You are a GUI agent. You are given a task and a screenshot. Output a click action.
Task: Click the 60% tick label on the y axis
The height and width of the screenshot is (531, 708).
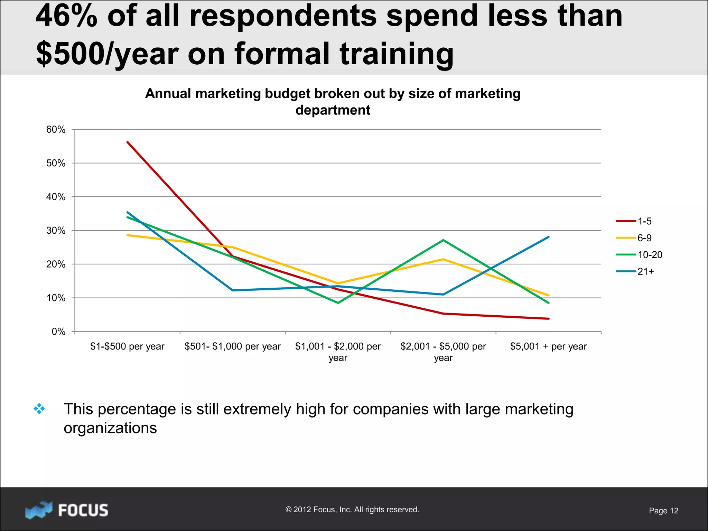click(x=56, y=130)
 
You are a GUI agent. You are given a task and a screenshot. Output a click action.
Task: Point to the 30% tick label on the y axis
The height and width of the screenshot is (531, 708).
click(x=56, y=231)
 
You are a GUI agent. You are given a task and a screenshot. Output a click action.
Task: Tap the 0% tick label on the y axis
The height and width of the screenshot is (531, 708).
click(x=58, y=332)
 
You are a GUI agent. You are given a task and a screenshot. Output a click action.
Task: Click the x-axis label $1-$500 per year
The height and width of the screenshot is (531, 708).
click(x=127, y=346)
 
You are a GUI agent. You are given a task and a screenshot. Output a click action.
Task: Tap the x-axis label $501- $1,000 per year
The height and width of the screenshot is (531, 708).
click(x=233, y=346)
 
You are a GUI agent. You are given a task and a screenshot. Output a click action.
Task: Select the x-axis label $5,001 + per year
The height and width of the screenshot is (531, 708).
click(x=548, y=346)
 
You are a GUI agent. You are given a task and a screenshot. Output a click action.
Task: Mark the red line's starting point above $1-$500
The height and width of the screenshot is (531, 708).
click(x=128, y=142)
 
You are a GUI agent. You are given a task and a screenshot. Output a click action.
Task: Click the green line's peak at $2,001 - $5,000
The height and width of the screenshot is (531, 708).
click(x=443, y=240)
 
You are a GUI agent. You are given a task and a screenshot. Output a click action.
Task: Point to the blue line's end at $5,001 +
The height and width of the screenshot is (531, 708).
click(x=549, y=237)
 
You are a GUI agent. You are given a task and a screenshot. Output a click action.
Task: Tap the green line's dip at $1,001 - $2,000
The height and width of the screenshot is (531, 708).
click(x=338, y=303)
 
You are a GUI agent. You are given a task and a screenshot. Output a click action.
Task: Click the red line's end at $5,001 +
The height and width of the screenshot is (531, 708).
click(x=549, y=319)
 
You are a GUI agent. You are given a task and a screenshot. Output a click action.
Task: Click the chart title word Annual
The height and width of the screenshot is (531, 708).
click(x=168, y=94)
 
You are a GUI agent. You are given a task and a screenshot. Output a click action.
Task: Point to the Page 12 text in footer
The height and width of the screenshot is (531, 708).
click(x=663, y=511)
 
